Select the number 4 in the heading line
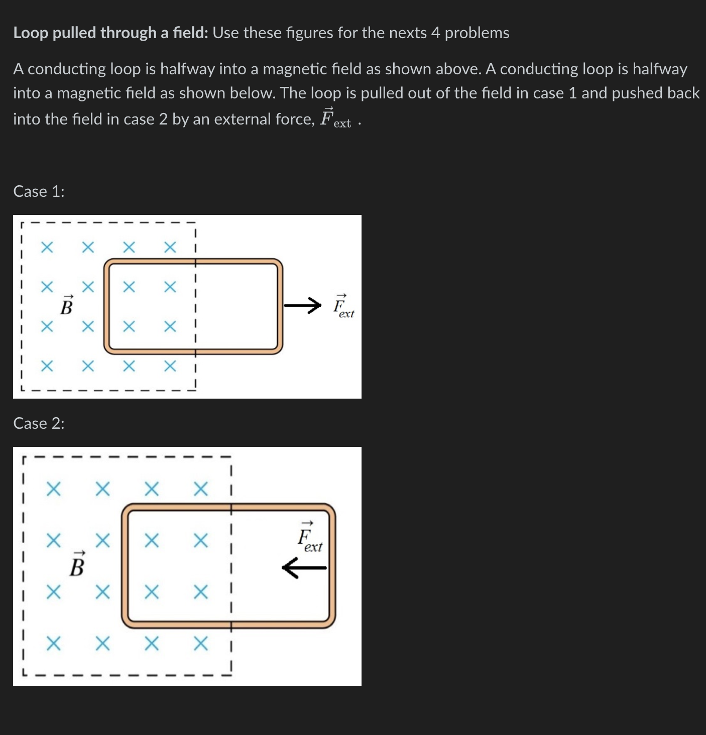435,33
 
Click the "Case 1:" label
39,191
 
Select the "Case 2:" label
39,423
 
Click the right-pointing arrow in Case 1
302,305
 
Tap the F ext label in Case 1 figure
343,306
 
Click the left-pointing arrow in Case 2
304,568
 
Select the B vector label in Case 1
66,305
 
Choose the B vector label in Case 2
77,565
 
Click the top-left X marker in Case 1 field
47,247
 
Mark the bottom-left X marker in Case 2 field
54,643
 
